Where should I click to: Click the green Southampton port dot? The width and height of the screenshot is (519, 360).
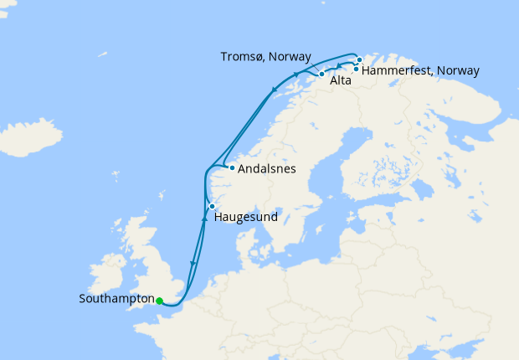[159, 301]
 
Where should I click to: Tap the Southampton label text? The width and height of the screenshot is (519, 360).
[116, 299]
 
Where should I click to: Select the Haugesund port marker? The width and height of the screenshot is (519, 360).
[213, 206]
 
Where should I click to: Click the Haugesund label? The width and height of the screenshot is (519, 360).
[247, 217]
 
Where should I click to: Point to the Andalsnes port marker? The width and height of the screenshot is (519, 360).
[232, 167]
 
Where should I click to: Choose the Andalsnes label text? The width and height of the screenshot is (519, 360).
[267, 168]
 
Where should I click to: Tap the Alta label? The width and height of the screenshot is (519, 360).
[340, 81]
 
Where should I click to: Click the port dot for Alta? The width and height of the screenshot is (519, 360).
[321, 75]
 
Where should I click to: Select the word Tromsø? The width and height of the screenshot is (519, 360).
[240, 56]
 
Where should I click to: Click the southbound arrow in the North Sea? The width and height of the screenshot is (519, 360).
[193, 264]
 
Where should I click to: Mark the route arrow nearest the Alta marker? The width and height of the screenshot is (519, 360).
[337, 66]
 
